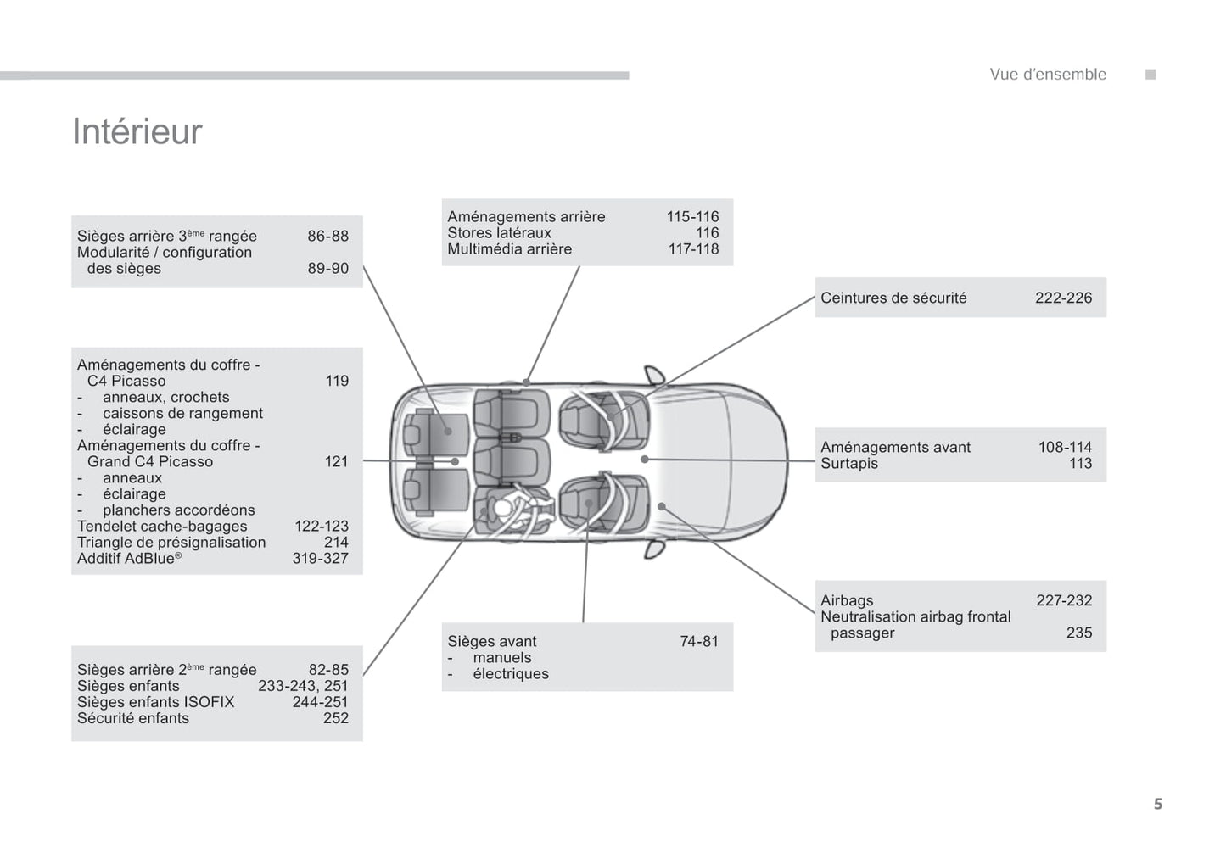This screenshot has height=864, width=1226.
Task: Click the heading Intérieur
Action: coord(137,131)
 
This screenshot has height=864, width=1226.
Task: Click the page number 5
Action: coord(1157,804)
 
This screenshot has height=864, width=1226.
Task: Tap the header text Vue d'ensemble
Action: coord(1047,75)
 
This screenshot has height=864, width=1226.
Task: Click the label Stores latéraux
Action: coord(499,233)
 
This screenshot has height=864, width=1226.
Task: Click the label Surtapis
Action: coord(848,464)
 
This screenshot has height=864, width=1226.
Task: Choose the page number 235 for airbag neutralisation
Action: coord(1078,633)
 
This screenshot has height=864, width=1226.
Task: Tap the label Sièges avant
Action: coord(491,642)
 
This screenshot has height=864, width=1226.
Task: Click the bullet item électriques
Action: coord(510,674)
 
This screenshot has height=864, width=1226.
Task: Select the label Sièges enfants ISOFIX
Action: coord(155,702)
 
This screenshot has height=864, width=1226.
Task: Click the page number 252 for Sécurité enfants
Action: coord(335,718)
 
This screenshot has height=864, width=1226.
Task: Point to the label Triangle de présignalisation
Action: coord(171,543)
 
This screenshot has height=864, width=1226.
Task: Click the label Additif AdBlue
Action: coord(128,559)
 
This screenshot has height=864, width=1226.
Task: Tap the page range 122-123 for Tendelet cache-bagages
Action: coord(321,527)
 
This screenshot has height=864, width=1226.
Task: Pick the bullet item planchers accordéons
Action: coord(178,510)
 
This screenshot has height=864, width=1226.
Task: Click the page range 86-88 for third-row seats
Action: coord(327,237)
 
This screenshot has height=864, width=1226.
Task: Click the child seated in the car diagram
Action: coord(506,509)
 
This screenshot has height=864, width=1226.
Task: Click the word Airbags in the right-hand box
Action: coord(846,600)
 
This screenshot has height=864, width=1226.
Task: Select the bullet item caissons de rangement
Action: coord(182,414)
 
